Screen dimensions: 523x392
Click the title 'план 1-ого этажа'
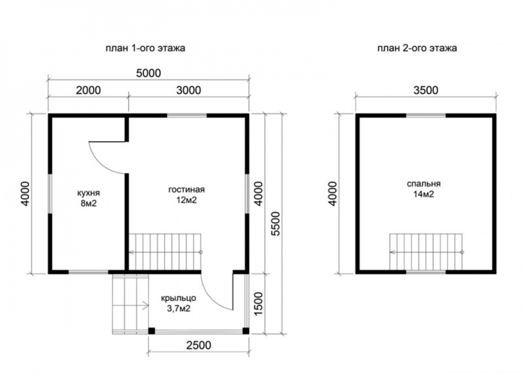tap(145, 48)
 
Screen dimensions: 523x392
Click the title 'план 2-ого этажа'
tap(417, 48)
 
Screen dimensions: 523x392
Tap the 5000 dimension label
tap(149, 73)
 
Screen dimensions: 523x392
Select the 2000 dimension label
tap(88, 90)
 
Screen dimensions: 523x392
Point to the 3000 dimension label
tap(188, 90)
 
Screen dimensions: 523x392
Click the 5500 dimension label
tap(276, 224)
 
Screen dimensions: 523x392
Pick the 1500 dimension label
tap(258, 304)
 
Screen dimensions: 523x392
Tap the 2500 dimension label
tap(198, 345)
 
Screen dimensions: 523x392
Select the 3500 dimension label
tap(426, 90)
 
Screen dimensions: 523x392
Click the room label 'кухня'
tap(88, 193)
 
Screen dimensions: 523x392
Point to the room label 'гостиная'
tap(187, 190)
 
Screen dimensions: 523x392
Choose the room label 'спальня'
tap(424, 184)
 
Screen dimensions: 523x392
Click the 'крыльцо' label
tap(178, 298)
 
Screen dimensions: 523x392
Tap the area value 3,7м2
tap(178, 309)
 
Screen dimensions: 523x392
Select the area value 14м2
tap(424, 194)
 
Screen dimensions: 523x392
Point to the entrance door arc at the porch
tap(210, 297)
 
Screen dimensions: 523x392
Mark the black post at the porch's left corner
tap(152, 331)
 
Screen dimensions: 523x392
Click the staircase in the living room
tap(165, 252)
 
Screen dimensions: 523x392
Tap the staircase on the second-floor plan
tap(426, 252)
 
